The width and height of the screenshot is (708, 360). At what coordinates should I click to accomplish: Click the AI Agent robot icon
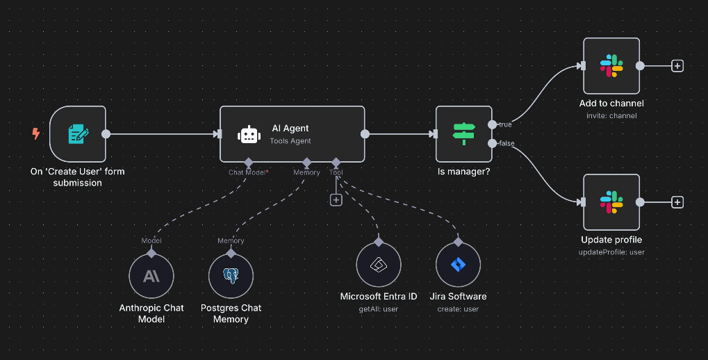point(249,135)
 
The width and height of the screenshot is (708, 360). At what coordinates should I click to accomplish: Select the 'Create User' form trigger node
point(78,134)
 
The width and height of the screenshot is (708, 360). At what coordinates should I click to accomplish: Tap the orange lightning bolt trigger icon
point(36,133)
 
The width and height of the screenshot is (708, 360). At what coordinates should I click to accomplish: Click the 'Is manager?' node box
point(463,134)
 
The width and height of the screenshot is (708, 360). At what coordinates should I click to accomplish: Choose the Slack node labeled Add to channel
point(611,66)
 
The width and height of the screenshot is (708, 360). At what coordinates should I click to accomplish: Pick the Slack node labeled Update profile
point(611,202)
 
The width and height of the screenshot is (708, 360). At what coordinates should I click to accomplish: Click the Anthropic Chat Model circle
point(151,276)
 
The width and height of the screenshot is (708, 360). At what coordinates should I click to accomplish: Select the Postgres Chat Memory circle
point(231,276)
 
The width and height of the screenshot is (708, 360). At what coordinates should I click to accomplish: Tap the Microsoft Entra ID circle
point(379,265)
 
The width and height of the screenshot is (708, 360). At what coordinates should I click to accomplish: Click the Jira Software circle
point(458,265)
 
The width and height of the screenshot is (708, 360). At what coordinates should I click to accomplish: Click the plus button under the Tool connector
point(336,199)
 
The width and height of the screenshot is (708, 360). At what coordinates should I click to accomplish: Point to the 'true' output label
point(505,124)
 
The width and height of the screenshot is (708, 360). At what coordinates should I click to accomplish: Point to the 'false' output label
point(507,143)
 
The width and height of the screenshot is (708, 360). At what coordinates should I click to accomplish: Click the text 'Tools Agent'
point(290,141)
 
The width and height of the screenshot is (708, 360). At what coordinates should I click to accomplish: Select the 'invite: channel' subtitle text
point(611,115)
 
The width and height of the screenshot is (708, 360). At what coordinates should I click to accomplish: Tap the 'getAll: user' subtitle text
point(379,309)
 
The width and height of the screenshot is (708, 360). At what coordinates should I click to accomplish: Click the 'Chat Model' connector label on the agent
point(247,172)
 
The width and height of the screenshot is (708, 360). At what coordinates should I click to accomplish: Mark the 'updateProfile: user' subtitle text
point(611,252)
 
